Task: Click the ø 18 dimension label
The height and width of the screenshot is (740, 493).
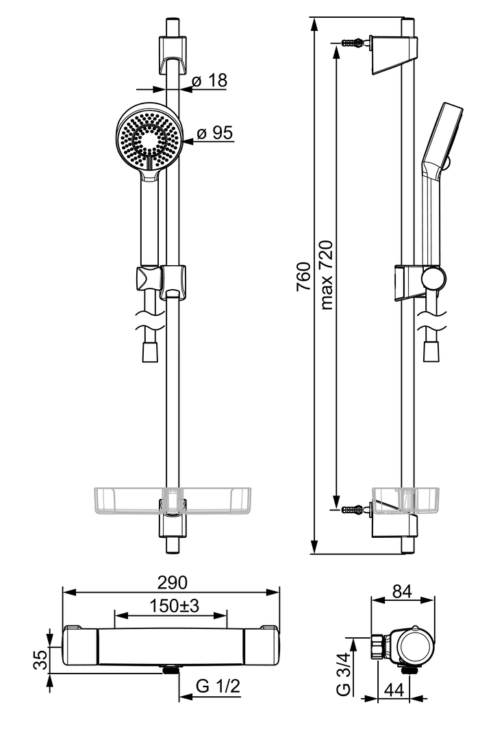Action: pos(209,81)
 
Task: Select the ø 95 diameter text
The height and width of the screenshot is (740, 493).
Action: pos(214,133)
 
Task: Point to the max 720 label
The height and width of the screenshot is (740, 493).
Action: pos(327,275)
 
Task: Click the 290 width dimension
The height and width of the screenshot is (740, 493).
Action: pos(171,582)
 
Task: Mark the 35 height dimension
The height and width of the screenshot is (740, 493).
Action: pos(40,660)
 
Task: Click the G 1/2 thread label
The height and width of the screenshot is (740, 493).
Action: pos(218,687)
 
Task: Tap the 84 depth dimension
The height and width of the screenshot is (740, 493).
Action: pos(402,591)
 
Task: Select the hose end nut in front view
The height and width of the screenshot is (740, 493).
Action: pos(150,352)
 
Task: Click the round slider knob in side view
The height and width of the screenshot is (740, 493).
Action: pos(433,278)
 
